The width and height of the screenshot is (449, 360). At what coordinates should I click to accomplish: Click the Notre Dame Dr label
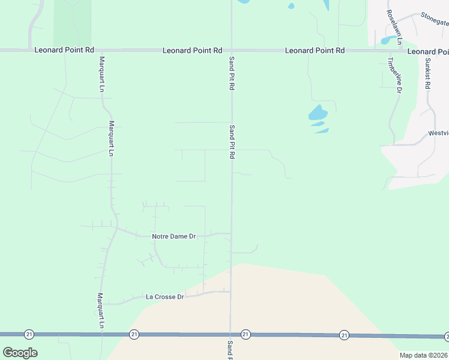(x=174, y=237)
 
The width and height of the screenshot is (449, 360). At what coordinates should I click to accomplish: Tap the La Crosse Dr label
(x=164, y=297)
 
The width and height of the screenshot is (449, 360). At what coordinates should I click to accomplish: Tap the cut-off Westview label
(x=438, y=133)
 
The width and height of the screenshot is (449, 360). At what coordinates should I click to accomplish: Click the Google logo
(x=20, y=353)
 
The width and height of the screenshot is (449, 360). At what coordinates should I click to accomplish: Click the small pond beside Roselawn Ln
(x=390, y=40)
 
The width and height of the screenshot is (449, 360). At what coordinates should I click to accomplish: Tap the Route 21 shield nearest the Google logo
(x=28, y=334)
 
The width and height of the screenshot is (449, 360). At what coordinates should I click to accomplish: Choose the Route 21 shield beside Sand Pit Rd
(x=246, y=334)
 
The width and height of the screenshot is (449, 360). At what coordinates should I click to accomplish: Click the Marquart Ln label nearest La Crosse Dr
(x=101, y=310)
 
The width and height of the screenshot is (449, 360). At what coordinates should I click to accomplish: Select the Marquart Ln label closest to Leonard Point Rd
(x=102, y=74)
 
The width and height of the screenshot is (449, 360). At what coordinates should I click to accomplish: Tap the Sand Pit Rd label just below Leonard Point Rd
(x=231, y=74)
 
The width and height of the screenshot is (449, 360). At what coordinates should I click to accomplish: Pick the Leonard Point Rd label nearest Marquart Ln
(x=64, y=50)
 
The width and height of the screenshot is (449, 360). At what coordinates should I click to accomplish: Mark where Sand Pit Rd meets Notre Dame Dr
(x=231, y=234)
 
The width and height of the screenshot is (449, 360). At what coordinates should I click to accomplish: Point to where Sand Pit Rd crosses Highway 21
(x=231, y=334)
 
